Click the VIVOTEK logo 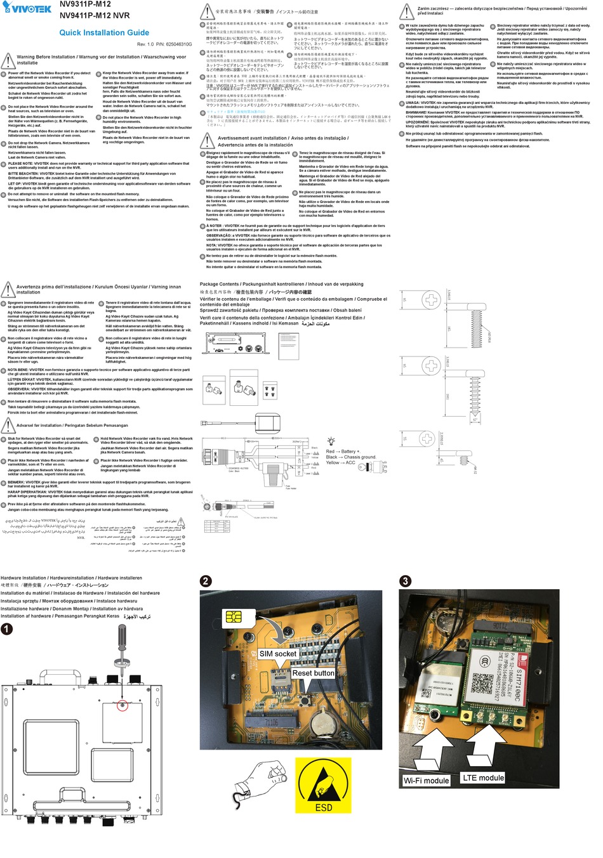27,8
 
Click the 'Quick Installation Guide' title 104,32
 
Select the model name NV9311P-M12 85,4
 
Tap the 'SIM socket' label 277,654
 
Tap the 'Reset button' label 313,673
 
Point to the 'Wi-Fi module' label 427,781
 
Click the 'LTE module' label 483,777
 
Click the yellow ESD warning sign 324,786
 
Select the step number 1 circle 6,629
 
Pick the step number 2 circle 206,581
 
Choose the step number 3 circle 406,581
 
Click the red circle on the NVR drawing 123,705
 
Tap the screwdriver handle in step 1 123,635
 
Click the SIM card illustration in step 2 234,617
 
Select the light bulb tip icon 331,441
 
